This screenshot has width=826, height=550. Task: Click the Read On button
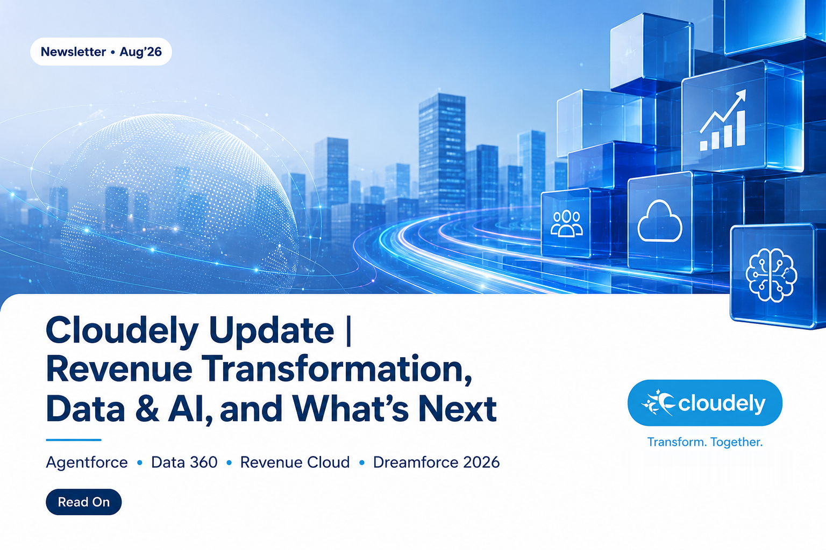click(84, 502)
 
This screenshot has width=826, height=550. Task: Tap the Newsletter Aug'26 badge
click(101, 52)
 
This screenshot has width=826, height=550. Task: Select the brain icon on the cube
click(771, 275)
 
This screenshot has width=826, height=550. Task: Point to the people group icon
click(566, 223)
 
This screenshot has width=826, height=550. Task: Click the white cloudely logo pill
click(704, 403)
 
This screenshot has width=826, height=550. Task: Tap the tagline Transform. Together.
click(704, 442)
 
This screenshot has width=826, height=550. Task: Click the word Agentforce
click(87, 462)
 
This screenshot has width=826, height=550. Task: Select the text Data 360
click(184, 462)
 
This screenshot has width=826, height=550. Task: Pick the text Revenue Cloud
click(295, 462)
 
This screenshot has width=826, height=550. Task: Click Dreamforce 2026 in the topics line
click(436, 462)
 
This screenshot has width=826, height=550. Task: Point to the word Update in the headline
click(272, 330)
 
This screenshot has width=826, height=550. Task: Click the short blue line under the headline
click(73, 440)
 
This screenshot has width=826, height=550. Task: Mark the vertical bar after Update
click(348, 331)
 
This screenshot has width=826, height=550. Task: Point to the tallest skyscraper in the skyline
click(442, 155)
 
